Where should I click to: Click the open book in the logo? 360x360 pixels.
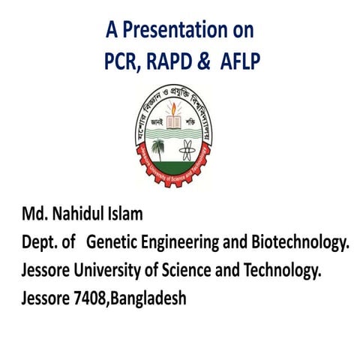178,126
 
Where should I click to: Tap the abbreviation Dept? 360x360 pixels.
39,243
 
